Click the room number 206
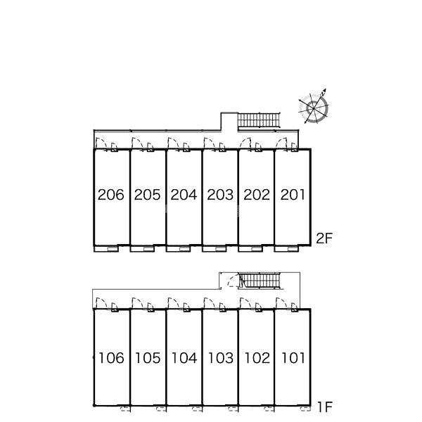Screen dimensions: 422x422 (111, 195)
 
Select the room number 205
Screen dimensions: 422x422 (147, 195)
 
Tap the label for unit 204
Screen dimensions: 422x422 (184, 195)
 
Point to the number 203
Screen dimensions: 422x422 (220, 195)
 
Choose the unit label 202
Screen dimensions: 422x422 (257, 195)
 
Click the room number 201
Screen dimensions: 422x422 (293, 195)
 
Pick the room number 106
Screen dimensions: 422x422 (111, 358)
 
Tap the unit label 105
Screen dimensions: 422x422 (148, 358)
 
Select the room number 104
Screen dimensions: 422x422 (184, 358)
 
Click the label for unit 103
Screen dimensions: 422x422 (221, 358)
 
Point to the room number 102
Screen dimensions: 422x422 (257, 358)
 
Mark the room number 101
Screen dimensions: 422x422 (293, 358)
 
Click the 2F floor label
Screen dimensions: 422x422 (324, 238)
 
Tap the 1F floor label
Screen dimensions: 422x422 (325, 407)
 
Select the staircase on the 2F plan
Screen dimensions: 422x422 (259, 120)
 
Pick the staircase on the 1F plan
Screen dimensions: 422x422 (260, 281)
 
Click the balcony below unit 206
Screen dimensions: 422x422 (106, 249)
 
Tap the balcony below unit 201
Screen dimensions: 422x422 (286, 249)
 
